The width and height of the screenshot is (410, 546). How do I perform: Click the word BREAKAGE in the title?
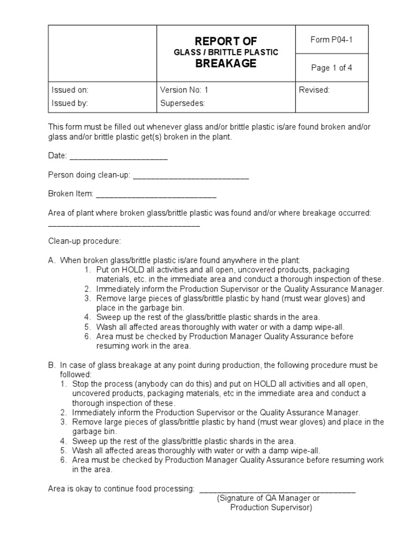[225, 64]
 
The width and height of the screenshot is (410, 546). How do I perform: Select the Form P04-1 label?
[332, 41]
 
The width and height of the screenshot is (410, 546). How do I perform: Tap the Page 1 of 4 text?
[332, 68]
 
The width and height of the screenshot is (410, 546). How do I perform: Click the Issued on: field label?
[70, 90]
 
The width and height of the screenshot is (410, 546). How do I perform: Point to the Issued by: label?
[70, 103]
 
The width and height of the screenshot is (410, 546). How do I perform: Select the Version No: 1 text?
[184, 90]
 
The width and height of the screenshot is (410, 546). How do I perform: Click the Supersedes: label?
[183, 103]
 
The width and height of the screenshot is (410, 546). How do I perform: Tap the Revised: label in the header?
[314, 90]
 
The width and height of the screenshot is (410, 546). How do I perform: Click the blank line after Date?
[119, 158]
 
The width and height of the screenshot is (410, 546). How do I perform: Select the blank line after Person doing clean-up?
[191, 178]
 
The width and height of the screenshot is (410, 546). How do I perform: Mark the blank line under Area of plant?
[124, 226]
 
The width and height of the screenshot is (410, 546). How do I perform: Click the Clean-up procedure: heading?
[85, 241]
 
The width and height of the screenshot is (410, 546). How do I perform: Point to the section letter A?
[52, 260]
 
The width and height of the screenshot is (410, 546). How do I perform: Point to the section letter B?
[52, 365]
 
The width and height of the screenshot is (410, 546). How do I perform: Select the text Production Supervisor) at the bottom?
[271, 508]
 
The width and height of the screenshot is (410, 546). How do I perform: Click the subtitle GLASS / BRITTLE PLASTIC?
[225, 52]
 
